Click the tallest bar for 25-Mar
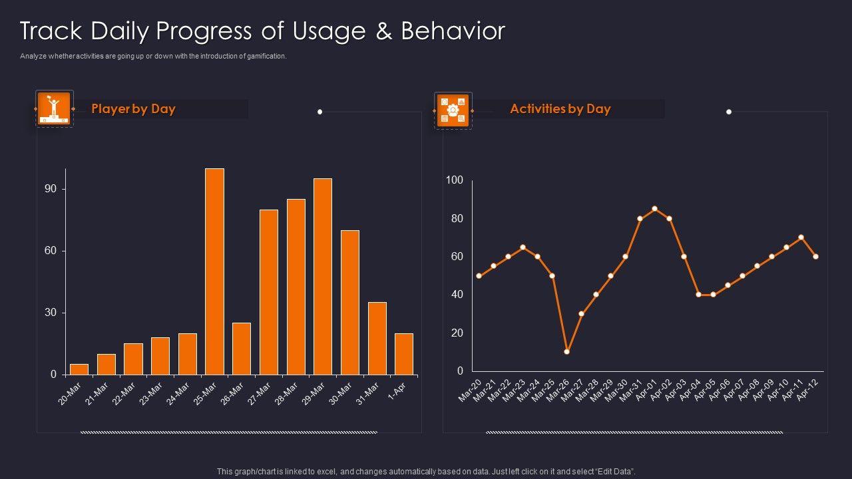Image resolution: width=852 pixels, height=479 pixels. pyautogui.click(x=214, y=271)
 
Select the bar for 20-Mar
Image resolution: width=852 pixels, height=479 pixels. pyautogui.click(x=79, y=369)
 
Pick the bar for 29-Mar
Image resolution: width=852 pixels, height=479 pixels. pyautogui.click(x=323, y=276)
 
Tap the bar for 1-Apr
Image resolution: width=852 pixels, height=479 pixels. pyautogui.click(x=404, y=354)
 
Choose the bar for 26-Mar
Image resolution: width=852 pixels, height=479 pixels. pyautogui.click(x=242, y=349)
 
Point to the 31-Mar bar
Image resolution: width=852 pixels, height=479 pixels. pyautogui.click(x=377, y=339)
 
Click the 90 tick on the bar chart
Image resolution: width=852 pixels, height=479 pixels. pyautogui.click(x=51, y=189)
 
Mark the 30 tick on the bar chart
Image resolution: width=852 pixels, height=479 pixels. pyautogui.click(x=51, y=313)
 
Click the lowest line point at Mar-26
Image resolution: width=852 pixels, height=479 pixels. pyautogui.click(x=566, y=351)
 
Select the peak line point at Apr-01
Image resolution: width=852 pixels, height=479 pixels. pyautogui.click(x=655, y=209)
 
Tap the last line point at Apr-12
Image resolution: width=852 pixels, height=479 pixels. pyautogui.click(x=815, y=256)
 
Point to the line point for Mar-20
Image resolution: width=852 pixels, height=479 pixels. pyautogui.click(x=479, y=275)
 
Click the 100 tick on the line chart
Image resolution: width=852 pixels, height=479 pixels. pyautogui.click(x=454, y=180)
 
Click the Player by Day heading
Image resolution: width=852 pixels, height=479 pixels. pyautogui.click(x=133, y=109)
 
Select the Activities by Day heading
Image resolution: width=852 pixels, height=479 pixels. pyautogui.click(x=560, y=109)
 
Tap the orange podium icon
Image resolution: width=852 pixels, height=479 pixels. pyautogui.click(x=54, y=108)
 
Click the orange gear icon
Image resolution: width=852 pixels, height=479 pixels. pyautogui.click(x=453, y=110)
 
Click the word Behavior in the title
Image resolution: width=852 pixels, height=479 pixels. pyautogui.click(x=453, y=31)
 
